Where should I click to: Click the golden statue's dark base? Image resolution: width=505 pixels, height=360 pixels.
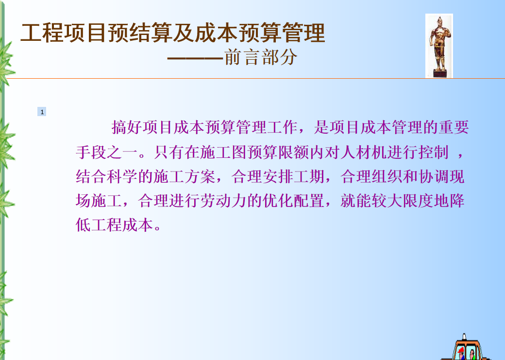click(439, 73)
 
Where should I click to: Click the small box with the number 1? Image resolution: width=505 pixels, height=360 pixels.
click(42, 112)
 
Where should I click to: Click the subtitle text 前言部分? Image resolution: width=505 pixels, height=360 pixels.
click(260, 57)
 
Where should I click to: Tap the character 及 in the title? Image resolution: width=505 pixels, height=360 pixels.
click(183, 33)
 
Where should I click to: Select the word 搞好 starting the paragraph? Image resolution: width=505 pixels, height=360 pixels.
click(127, 127)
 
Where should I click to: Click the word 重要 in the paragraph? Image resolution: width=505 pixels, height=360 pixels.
click(454, 127)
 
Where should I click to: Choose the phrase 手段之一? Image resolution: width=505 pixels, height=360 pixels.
click(107, 152)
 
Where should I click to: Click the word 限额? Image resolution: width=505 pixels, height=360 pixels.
click(293, 152)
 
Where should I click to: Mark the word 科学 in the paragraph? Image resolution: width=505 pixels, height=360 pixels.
click(122, 176)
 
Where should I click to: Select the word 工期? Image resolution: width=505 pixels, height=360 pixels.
click(309, 176)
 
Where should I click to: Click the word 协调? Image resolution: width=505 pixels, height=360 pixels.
click(434, 176)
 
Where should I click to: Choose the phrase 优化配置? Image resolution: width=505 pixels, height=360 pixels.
click(293, 201)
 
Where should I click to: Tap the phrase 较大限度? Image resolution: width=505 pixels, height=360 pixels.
click(402, 201)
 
